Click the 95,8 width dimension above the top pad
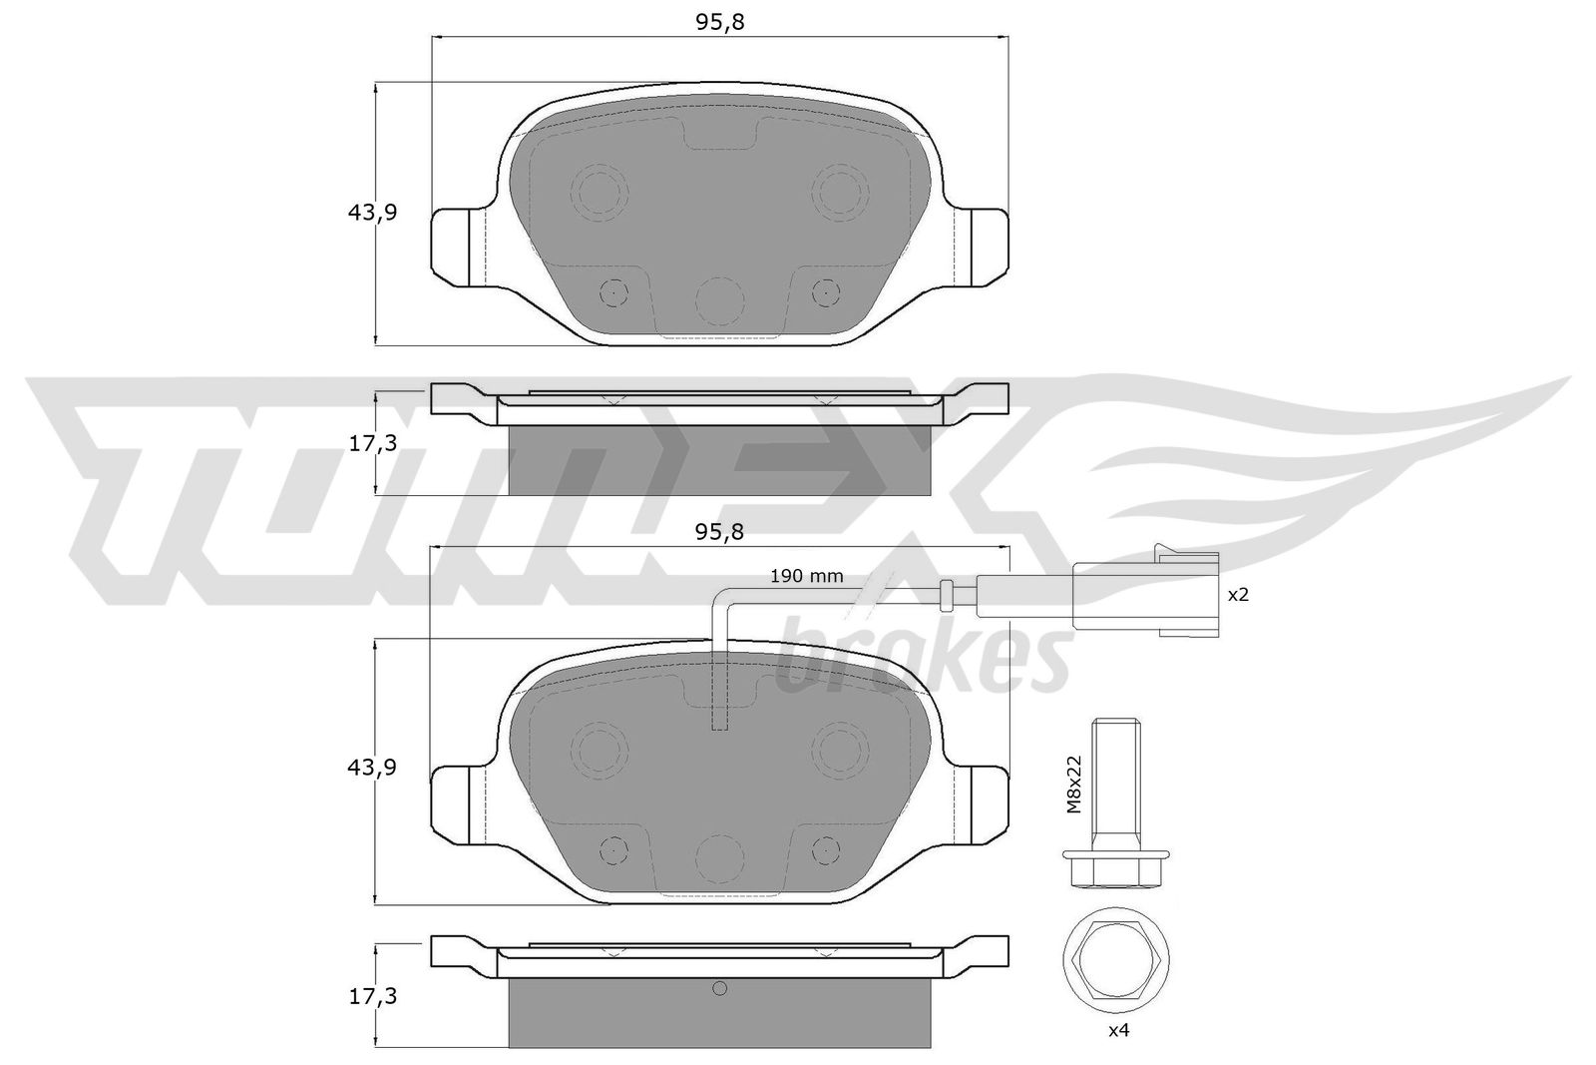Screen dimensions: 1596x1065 point(719,23)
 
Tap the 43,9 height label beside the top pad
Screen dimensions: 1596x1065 point(372,212)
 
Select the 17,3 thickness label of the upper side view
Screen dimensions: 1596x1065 point(372,443)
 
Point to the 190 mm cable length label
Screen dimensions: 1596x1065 point(807,576)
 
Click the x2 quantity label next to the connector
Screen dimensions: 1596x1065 point(1238,595)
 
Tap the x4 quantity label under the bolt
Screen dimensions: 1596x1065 point(1118,1030)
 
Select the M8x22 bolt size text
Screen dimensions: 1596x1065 point(1073,785)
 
